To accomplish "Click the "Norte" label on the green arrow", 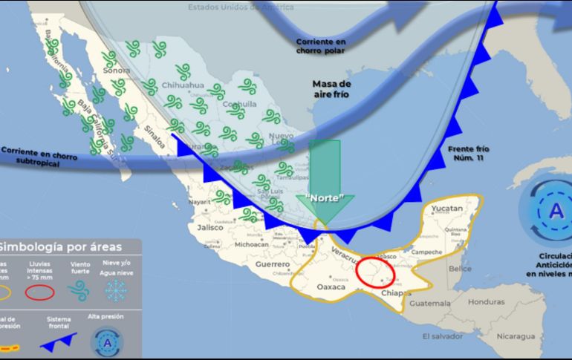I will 325,198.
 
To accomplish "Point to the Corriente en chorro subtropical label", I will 35,154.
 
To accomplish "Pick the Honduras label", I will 487,302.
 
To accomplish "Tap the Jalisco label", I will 211,228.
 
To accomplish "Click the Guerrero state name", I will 272,264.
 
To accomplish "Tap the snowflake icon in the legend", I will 114,292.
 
